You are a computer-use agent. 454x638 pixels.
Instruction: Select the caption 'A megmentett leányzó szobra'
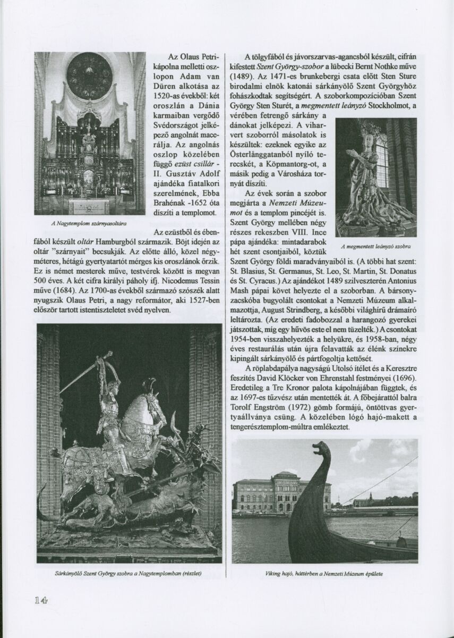[x=376, y=247]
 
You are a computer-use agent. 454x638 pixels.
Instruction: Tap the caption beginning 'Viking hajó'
[x=324, y=574]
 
